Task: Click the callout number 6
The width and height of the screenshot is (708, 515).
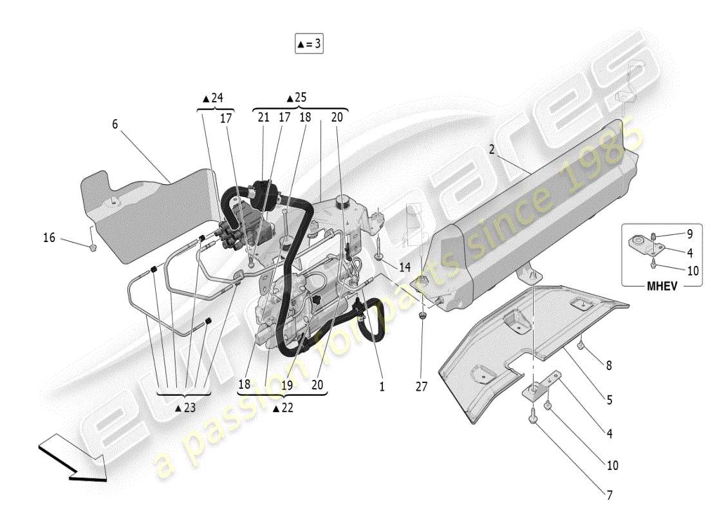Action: pos(115,124)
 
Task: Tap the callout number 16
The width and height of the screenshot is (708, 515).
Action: pos(50,238)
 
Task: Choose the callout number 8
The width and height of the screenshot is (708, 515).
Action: pos(608,366)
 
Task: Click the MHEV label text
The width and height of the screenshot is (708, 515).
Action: pos(662,286)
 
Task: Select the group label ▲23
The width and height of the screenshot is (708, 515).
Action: pos(185,407)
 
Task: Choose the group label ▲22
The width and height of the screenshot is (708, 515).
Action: pos(284,407)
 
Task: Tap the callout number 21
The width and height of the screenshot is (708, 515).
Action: pos(263,117)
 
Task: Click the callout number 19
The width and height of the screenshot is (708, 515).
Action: pos(286,384)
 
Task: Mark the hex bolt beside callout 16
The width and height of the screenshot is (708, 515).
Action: pos(92,247)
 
